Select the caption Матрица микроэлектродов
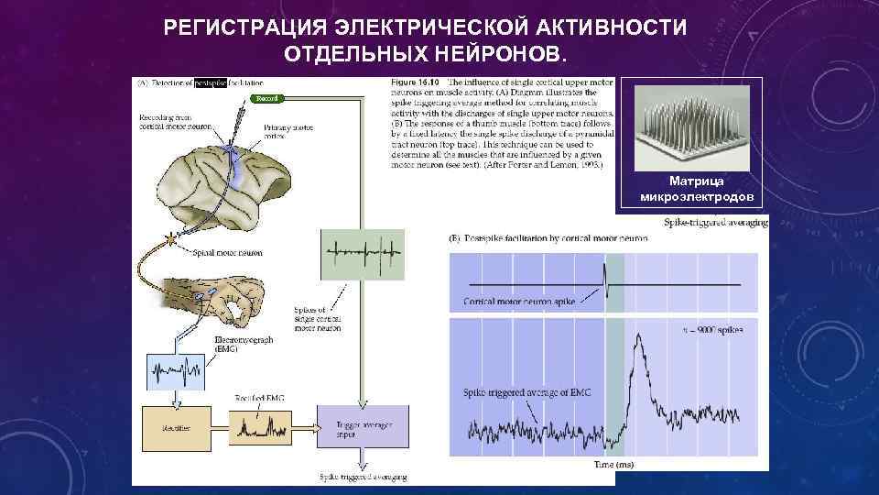pyautogui.click(x=698, y=189)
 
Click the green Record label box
pyautogui.click(x=268, y=98)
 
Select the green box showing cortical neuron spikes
pyautogui.click(x=362, y=253)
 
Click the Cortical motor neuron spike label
pyautogui.click(x=517, y=302)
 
